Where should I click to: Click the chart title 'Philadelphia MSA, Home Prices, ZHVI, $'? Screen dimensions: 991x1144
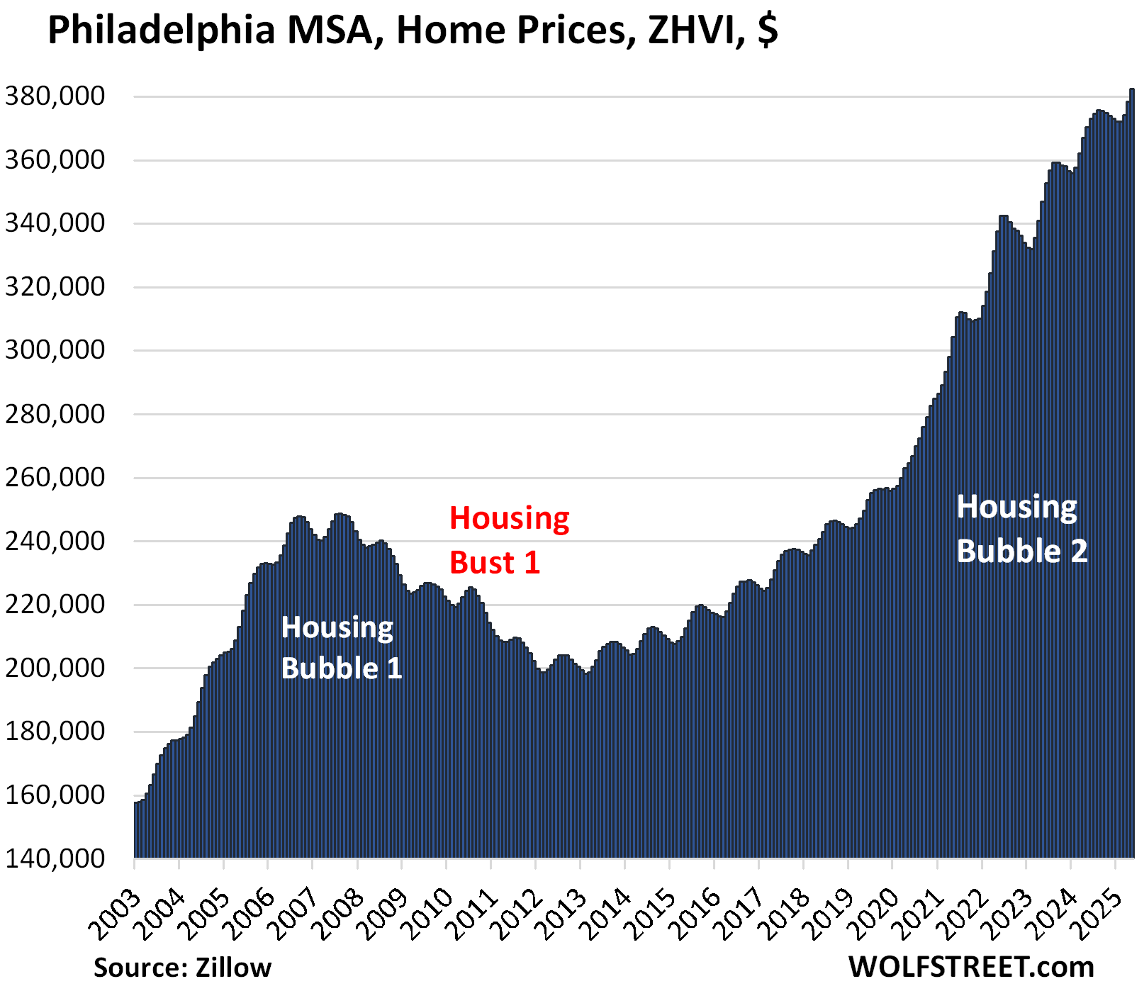(413, 30)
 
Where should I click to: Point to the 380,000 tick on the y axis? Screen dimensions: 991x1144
(55, 96)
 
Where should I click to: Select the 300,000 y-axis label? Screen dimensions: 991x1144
(55, 350)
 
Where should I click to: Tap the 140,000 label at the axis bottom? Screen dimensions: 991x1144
(55, 858)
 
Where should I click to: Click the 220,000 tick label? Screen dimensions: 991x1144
(55, 605)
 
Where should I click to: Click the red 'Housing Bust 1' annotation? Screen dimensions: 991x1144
(509, 540)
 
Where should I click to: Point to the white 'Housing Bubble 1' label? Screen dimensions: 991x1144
(341, 648)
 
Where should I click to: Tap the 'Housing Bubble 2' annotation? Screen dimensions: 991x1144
(1021, 530)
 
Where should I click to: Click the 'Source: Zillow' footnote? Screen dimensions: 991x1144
(182, 968)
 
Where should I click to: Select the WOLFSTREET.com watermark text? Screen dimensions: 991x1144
(971, 967)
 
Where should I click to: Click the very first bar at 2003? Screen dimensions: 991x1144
(136, 829)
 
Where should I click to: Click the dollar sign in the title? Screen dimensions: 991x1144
(768, 30)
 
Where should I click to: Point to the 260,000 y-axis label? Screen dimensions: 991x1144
(55, 478)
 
